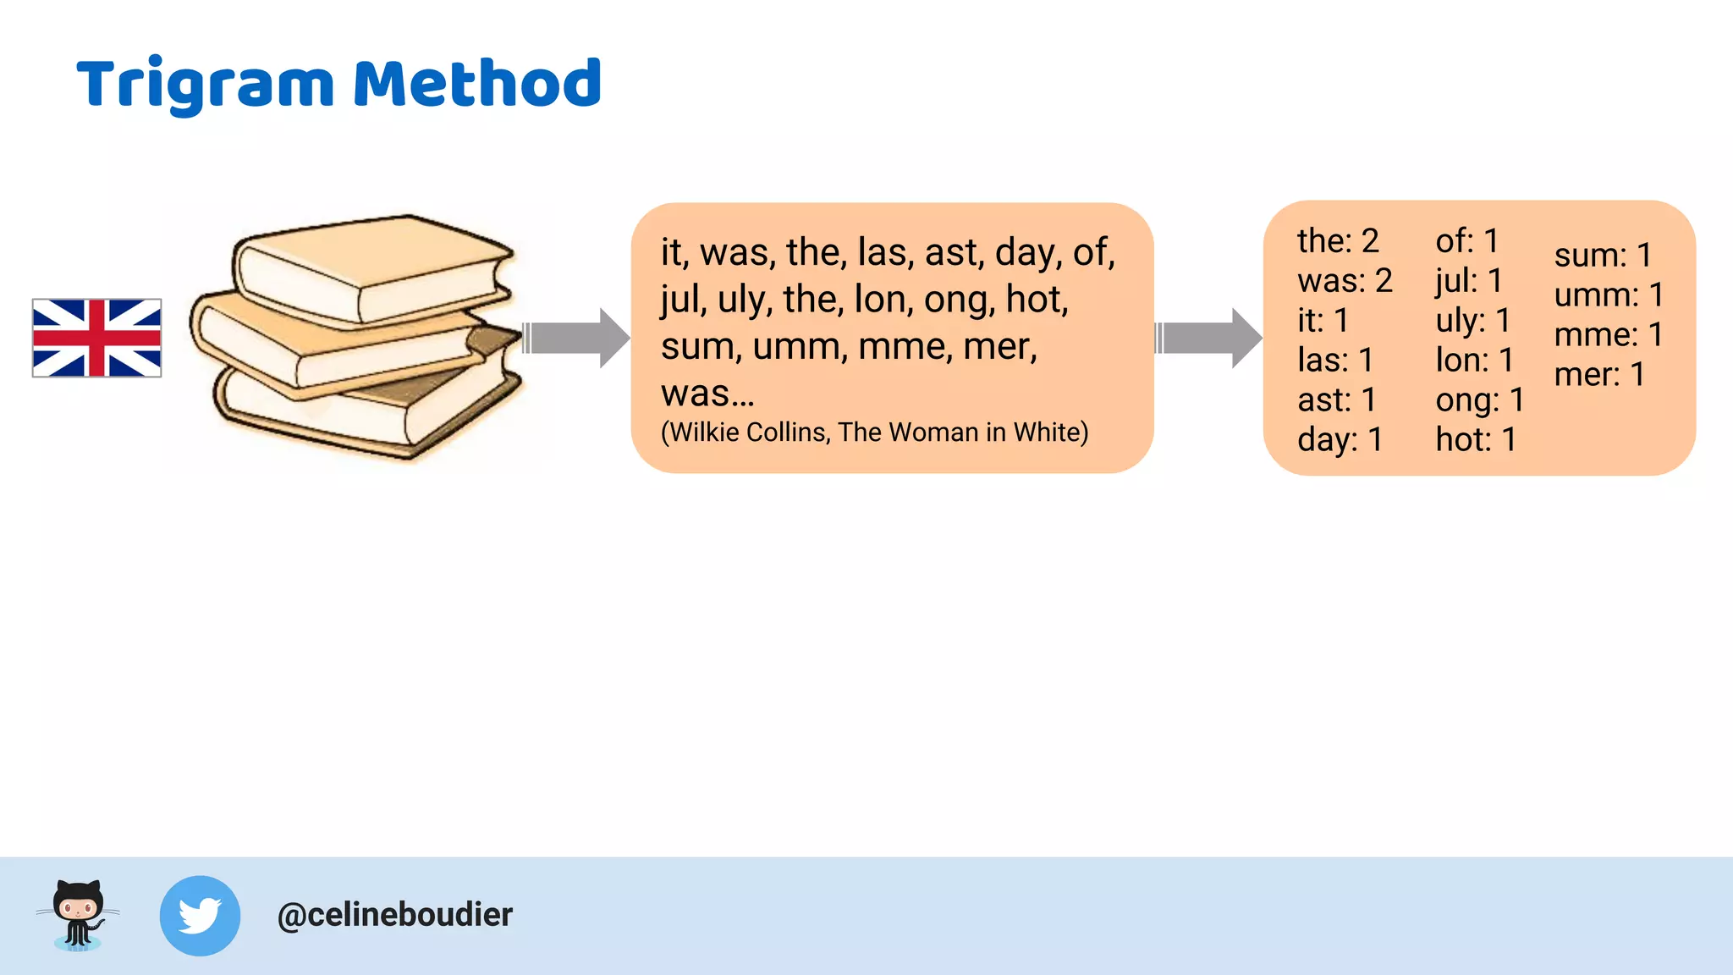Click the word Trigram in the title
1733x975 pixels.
pos(205,85)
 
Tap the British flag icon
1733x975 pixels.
pos(96,338)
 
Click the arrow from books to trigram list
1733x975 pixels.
pos(575,338)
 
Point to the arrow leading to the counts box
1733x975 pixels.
pos(1208,338)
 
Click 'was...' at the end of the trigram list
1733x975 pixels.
pos(707,394)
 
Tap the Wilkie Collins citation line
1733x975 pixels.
pos(874,432)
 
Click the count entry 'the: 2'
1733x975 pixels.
pos(1337,241)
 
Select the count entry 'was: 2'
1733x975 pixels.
pos(1344,281)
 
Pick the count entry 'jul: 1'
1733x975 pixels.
pos(1468,281)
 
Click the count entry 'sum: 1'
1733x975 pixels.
pos(1602,256)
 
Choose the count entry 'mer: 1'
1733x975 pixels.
pos(1598,375)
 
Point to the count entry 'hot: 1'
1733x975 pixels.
pos(1475,440)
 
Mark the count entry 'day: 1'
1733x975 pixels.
pos(1339,440)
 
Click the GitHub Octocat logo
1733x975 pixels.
pos(78,915)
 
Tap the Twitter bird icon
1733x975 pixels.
pos(200,916)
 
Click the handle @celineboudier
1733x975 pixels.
pos(394,915)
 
